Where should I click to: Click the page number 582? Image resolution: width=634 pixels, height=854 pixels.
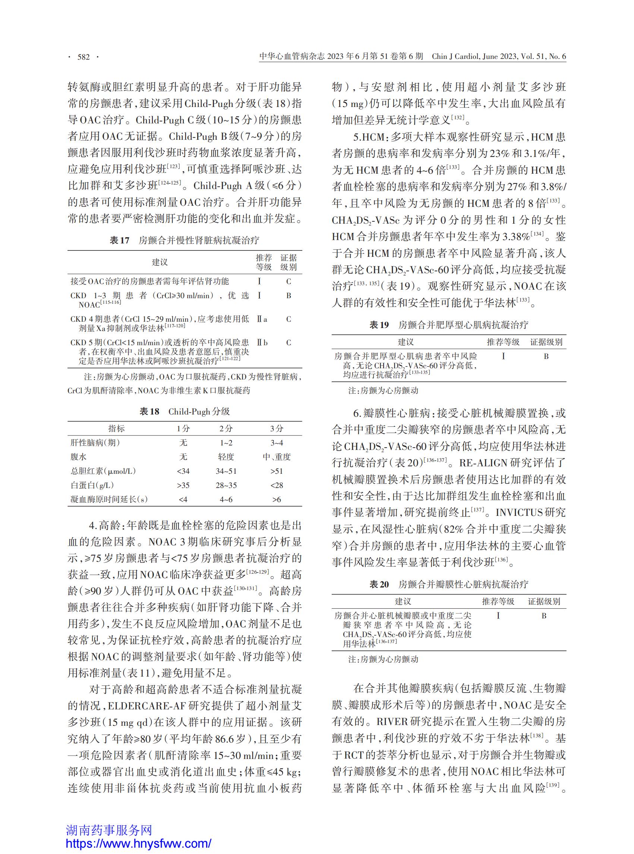pyautogui.click(x=83, y=57)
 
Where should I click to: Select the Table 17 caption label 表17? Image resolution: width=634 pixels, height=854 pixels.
pyautogui.click(x=119, y=240)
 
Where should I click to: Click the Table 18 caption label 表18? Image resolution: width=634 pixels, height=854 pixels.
pyautogui.click(x=149, y=412)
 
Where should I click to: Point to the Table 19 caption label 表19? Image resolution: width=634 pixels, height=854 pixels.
pyautogui.click(x=379, y=325)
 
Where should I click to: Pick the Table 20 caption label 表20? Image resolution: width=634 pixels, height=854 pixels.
pyautogui.click(x=379, y=584)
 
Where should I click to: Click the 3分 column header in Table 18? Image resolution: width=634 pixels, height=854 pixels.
pyautogui.click(x=276, y=429)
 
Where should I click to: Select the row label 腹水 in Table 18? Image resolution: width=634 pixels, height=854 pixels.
pyautogui.click(x=78, y=457)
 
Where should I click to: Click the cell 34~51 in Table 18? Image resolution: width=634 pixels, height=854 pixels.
pyautogui.click(x=226, y=471)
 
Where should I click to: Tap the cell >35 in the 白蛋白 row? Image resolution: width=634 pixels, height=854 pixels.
pyautogui.click(x=183, y=485)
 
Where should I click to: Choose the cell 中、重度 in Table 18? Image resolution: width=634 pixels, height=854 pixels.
pyautogui.click(x=276, y=457)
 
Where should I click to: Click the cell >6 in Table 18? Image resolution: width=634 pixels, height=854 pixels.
pyautogui.click(x=276, y=500)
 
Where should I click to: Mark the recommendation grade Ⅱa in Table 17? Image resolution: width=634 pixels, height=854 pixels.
pyautogui.click(x=262, y=319)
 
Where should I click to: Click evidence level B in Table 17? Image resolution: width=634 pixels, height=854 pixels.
pyautogui.click(x=288, y=296)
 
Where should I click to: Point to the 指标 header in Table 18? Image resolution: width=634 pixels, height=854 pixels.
pyautogui.click(x=116, y=429)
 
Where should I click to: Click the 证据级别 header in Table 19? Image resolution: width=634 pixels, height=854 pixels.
pyautogui.click(x=546, y=342)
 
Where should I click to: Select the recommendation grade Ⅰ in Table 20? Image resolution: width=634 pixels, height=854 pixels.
pyautogui.click(x=498, y=616)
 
